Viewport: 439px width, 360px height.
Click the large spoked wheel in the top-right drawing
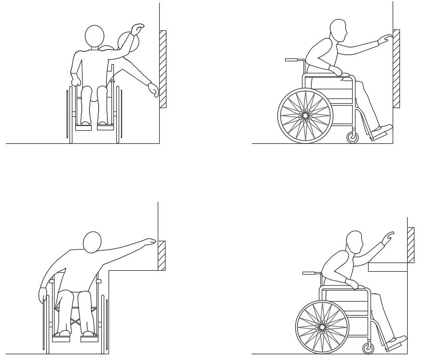305,116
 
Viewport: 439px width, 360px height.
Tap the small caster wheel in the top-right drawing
353,138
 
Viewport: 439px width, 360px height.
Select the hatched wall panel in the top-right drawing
396,69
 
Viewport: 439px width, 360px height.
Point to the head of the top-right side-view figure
339,31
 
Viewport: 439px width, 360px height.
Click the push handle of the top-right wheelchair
292,60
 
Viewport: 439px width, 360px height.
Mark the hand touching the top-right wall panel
385,39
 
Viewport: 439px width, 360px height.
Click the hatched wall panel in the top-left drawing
163,69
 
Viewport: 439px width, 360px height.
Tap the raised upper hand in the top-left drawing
138,28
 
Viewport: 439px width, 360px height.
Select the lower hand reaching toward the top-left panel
153,90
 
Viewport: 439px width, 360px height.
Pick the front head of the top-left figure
95,36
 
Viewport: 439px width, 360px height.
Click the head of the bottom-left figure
92,242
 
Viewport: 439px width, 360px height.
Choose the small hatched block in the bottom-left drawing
162,255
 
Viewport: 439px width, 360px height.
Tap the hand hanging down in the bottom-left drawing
43,295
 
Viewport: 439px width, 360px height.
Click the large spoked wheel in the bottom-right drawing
322,327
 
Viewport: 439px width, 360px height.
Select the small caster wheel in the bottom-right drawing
368,348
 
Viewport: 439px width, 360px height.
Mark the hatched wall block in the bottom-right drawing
411,245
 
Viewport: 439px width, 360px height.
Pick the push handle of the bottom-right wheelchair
309,273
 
